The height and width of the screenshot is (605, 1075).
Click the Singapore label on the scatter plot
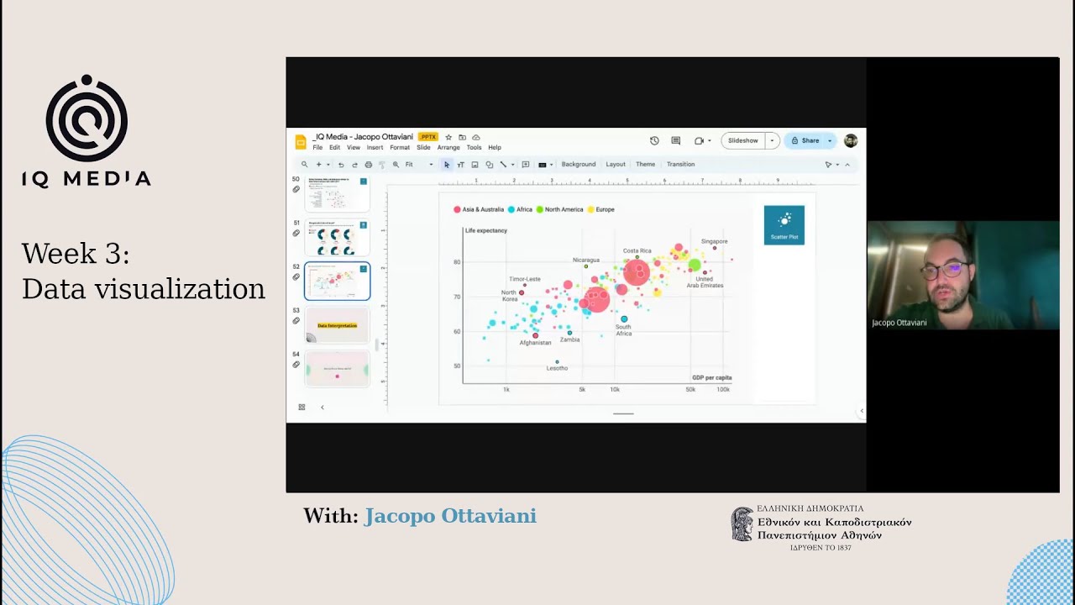tap(714, 241)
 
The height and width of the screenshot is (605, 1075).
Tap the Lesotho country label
tap(557, 368)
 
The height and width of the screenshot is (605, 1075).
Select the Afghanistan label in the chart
tap(535, 343)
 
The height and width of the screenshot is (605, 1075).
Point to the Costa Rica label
tap(637, 250)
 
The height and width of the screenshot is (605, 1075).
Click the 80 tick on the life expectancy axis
tap(457, 262)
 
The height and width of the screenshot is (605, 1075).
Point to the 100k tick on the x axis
tap(722, 390)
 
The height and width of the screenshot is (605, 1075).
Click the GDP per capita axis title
tap(711, 377)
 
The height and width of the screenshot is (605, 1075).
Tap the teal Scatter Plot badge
tap(784, 225)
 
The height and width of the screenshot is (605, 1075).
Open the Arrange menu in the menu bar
tap(448, 148)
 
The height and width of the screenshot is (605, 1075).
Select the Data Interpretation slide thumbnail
tap(337, 325)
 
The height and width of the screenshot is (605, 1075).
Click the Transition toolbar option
tap(680, 165)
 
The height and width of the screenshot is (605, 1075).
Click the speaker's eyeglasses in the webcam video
tap(941, 271)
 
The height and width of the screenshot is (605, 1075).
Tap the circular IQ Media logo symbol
tap(87, 119)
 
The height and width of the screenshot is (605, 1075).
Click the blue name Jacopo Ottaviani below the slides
tap(449, 516)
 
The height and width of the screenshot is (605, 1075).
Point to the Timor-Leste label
tap(524, 279)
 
